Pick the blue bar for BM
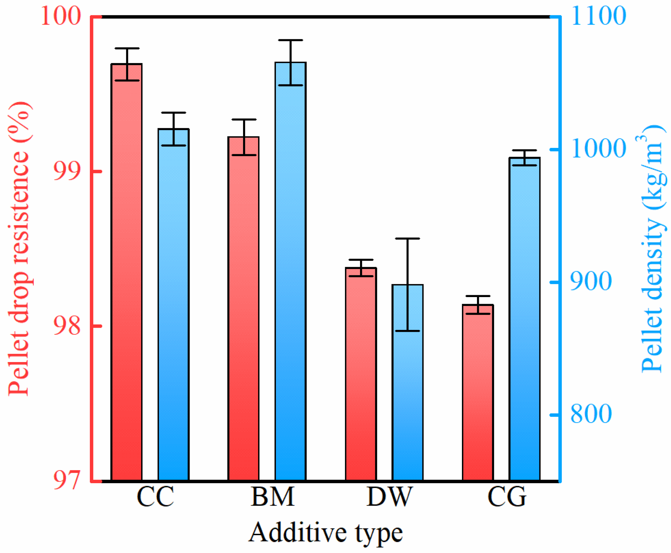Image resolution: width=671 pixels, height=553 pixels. coord(290,271)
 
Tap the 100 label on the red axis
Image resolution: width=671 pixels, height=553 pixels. coord(61,16)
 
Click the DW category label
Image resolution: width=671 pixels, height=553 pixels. coord(389,497)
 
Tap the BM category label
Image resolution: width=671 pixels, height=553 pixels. coord(272,497)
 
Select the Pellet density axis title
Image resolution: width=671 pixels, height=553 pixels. coord(653,249)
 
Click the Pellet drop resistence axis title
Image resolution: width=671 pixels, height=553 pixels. coord(20,249)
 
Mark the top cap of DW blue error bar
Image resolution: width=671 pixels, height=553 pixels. coord(408,238)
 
